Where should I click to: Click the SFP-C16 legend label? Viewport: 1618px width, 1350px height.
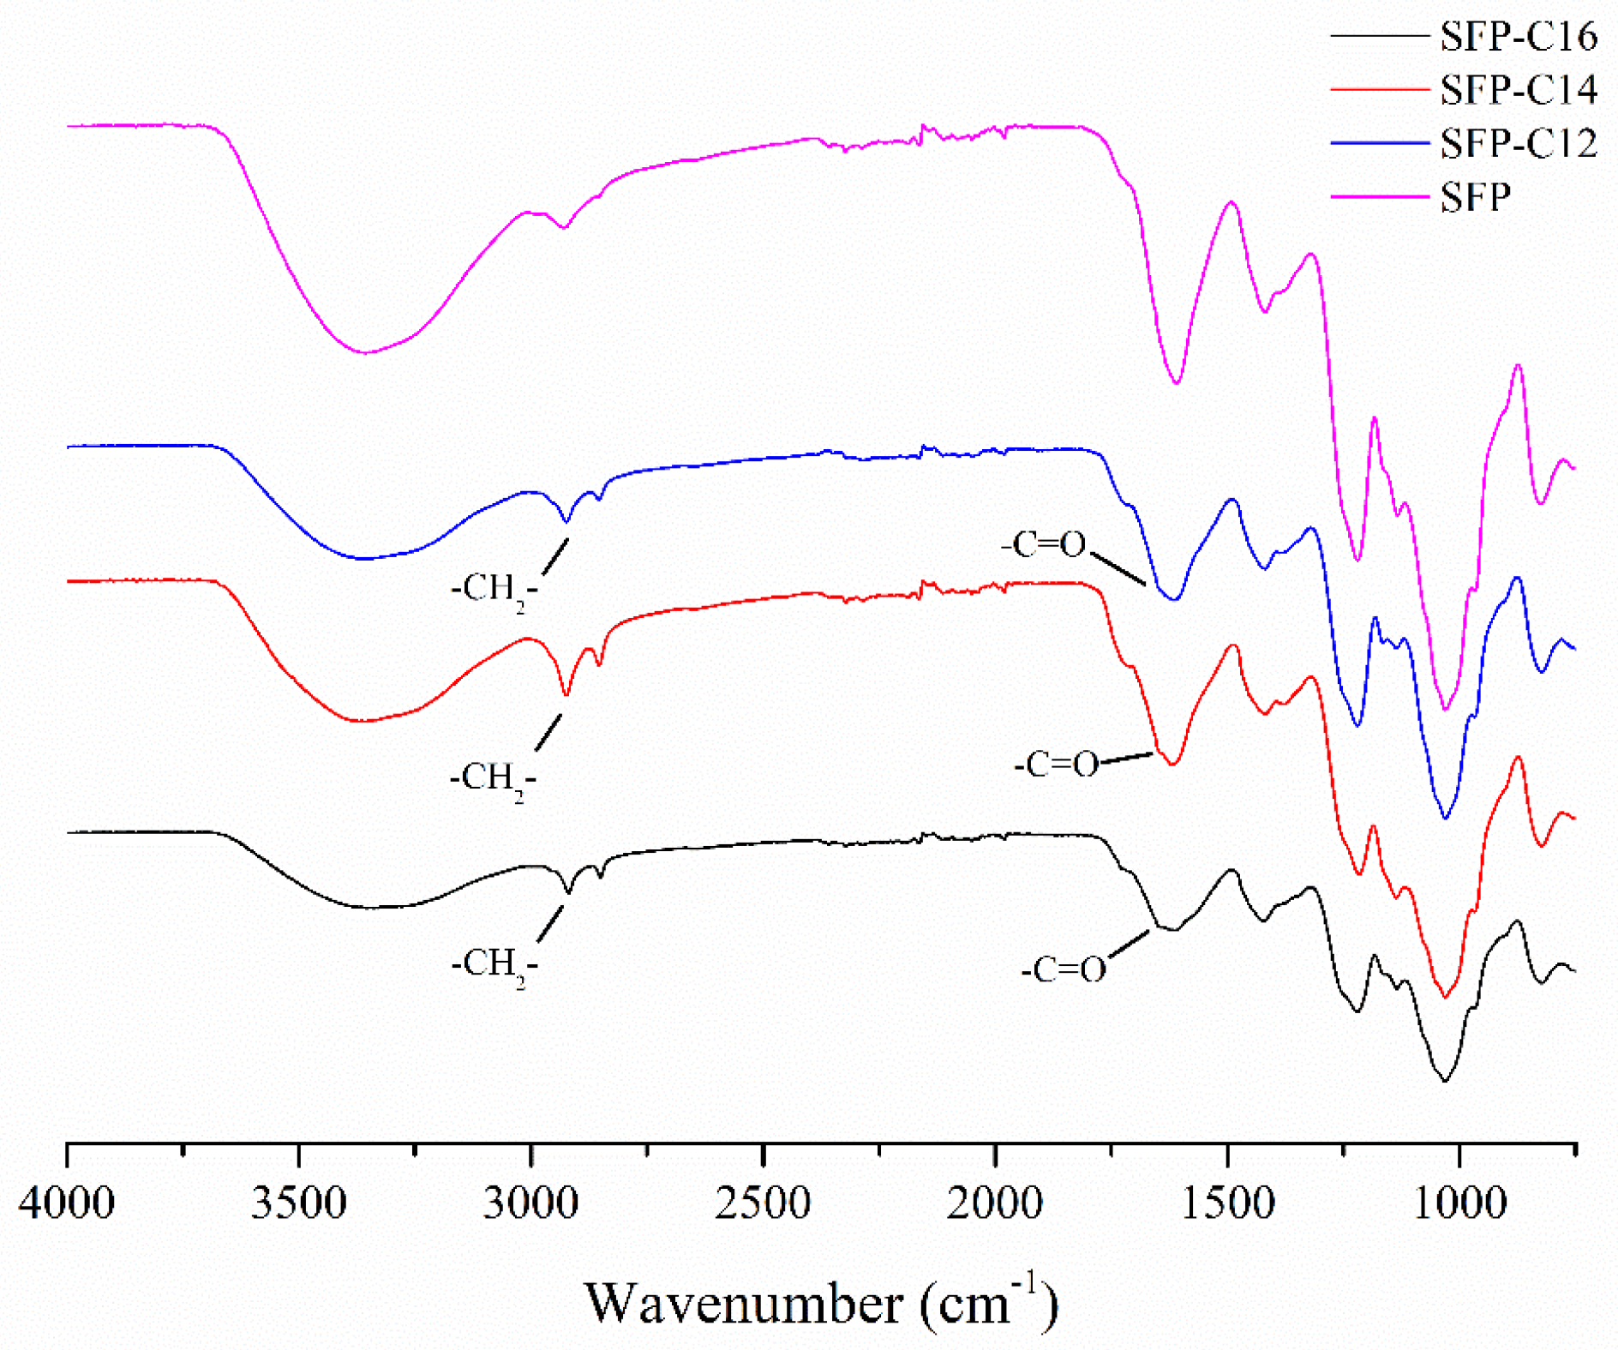pyautogui.click(x=1518, y=36)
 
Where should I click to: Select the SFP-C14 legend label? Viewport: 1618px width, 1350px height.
pyautogui.click(x=1518, y=89)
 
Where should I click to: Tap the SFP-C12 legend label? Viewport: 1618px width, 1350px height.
pyautogui.click(x=1518, y=142)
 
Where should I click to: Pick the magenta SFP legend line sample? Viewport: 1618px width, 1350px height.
pyautogui.click(x=1380, y=196)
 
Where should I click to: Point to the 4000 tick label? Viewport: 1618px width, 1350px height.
pyautogui.click(x=67, y=1202)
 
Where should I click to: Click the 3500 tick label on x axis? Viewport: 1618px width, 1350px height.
pyautogui.click(x=299, y=1202)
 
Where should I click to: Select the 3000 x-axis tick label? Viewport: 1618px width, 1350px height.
pyautogui.click(x=530, y=1202)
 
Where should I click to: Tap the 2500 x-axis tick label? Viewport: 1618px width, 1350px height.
pyautogui.click(x=763, y=1202)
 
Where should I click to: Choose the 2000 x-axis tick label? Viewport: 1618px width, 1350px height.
pyautogui.click(x=995, y=1202)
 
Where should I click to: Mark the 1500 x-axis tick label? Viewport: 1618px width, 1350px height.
pyautogui.click(x=1227, y=1202)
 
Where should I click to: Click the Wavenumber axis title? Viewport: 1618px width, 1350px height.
pyautogui.click(x=821, y=1303)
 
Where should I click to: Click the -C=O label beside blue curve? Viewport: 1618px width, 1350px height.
pyautogui.click(x=1043, y=544)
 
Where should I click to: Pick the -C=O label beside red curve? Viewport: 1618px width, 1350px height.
pyautogui.click(x=1056, y=764)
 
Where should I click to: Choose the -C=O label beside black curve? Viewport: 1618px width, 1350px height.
pyautogui.click(x=1063, y=969)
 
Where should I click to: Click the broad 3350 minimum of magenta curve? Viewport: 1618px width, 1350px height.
pyautogui.click(x=365, y=352)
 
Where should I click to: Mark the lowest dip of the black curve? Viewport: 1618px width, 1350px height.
pyautogui.click(x=1445, y=1081)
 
